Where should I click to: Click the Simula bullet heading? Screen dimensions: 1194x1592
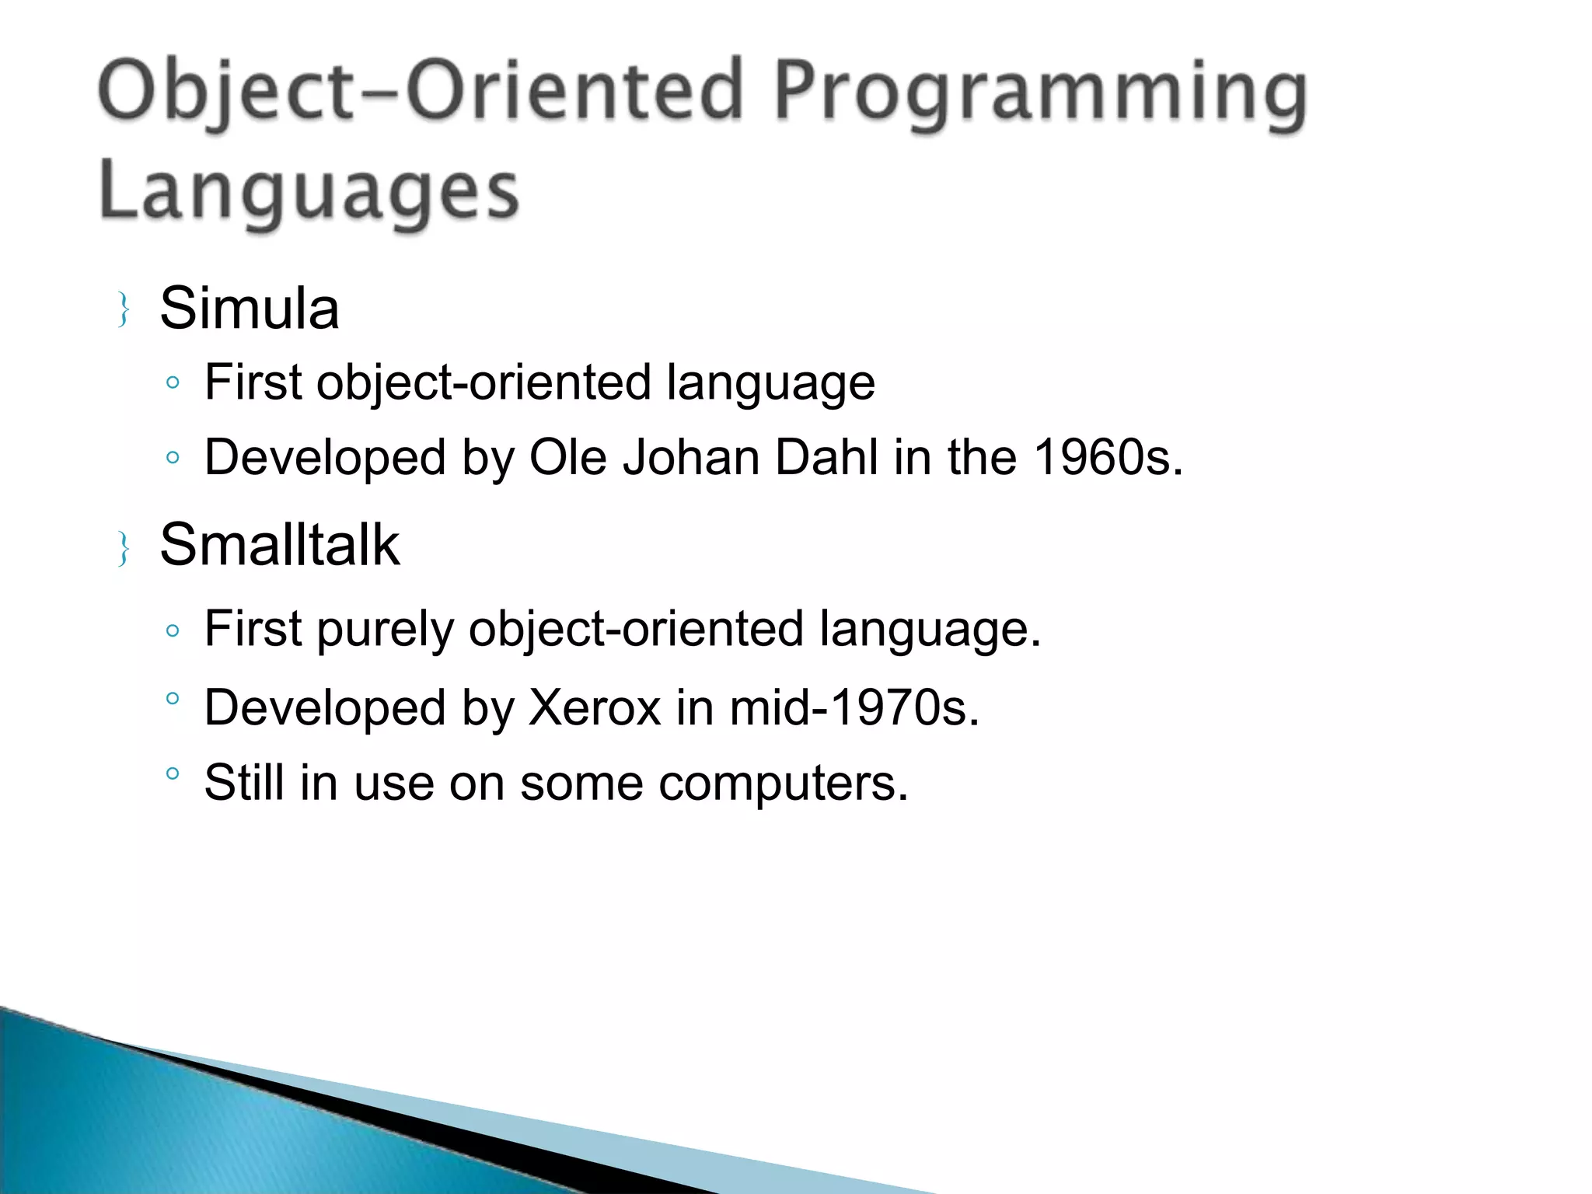click(x=249, y=309)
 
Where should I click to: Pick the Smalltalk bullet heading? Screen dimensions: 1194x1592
click(x=279, y=544)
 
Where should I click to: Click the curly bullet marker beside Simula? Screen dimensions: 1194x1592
click(x=123, y=309)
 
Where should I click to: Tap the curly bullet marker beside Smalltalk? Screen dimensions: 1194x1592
click(x=123, y=548)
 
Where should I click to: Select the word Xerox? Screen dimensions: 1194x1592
click(x=594, y=707)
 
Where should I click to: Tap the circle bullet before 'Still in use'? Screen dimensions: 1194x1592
click(x=173, y=773)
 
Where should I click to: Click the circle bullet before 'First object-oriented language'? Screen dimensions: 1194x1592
click(x=173, y=382)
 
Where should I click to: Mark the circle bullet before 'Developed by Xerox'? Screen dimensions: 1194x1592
click(x=173, y=698)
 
